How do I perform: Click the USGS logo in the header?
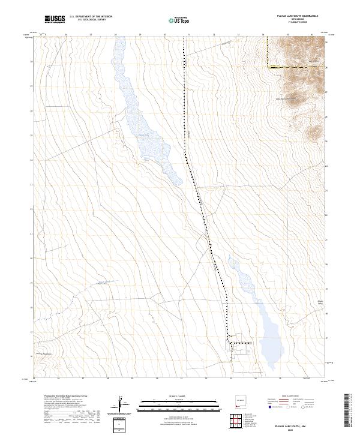(55, 19)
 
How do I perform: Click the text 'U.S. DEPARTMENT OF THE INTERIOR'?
(91, 17)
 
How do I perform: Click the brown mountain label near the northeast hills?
(286, 98)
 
